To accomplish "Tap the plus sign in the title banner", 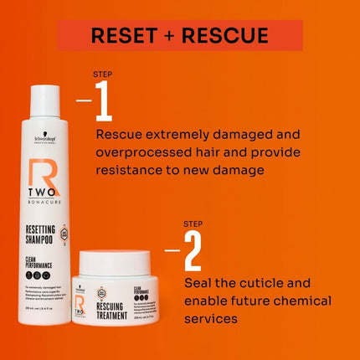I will (170, 35).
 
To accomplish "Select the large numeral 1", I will (104, 101).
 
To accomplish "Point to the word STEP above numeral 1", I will (104, 75).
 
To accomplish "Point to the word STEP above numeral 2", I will (193, 224).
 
